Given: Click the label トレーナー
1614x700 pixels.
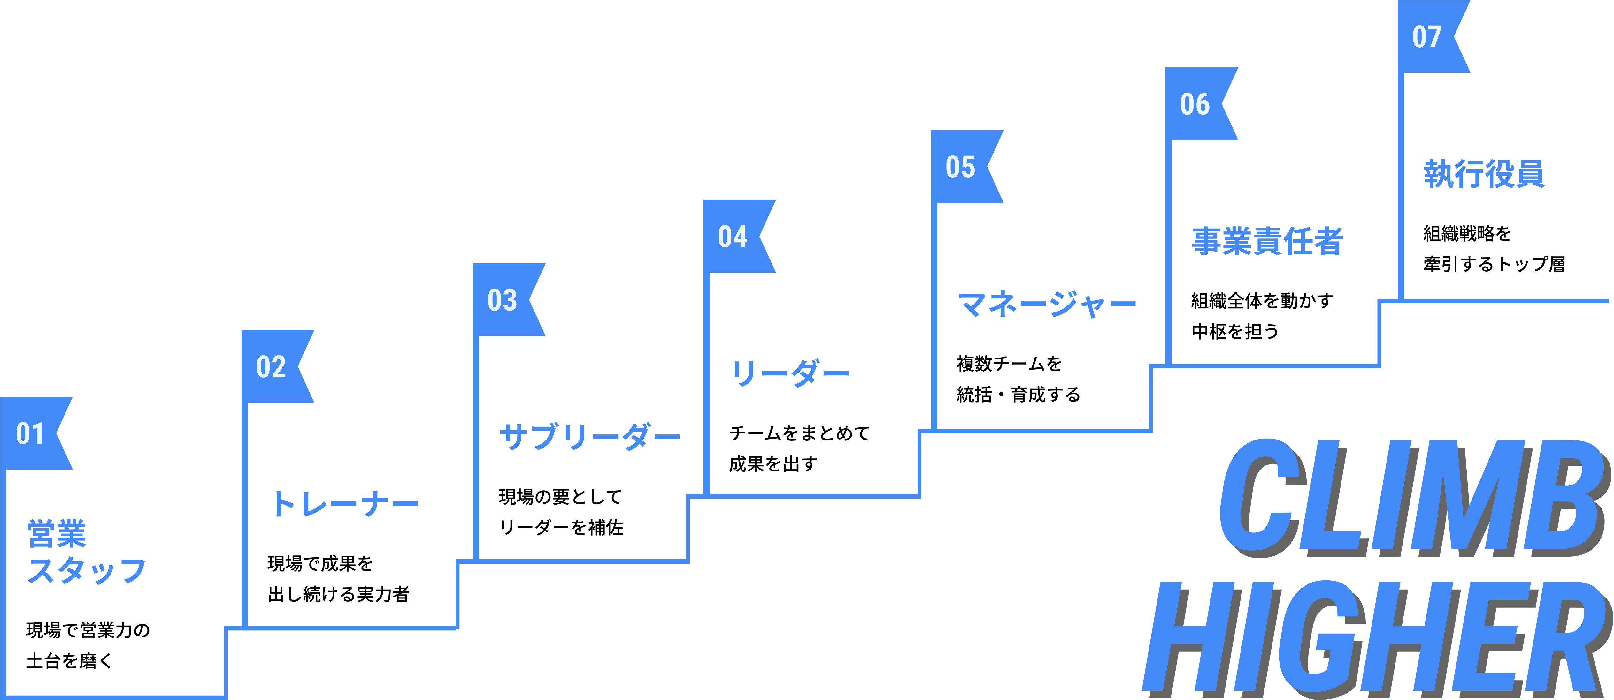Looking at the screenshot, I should (x=345, y=504).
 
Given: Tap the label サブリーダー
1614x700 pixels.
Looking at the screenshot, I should (x=589, y=436).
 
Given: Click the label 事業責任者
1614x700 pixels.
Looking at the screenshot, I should (x=1267, y=241).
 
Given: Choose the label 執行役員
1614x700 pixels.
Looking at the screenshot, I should (x=1484, y=173).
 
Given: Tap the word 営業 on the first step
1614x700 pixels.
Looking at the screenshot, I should (x=57, y=533).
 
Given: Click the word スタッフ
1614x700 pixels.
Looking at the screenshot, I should (x=87, y=570).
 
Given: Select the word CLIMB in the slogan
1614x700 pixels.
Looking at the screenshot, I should (x=1410, y=495).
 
